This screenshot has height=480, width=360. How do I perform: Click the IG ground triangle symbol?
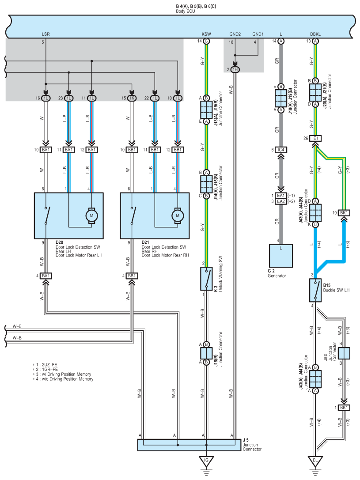pyautogui.click(x=206, y=461)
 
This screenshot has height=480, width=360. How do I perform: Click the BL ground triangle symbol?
pyautogui.click(x=315, y=461)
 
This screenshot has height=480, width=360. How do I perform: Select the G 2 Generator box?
pyautogui.click(x=281, y=256)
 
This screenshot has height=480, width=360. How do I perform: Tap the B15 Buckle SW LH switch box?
pyautogui.click(x=315, y=290)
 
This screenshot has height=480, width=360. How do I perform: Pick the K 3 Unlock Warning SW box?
pyautogui.click(x=206, y=279)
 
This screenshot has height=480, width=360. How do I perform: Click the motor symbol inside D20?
pyautogui.click(x=91, y=216)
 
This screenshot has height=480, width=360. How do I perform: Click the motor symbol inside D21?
pyautogui.click(x=178, y=216)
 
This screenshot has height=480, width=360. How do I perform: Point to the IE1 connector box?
pyautogui.click(x=315, y=138)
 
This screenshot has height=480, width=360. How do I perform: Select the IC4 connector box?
pyautogui.click(x=281, y=150)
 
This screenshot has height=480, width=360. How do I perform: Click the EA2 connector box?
pyautogui.click(x=281, y=201)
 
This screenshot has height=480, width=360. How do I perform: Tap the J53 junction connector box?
pyautogui.click(x=344, y=353)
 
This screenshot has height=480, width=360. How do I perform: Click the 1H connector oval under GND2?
pyautogui.click(x=235, y=70)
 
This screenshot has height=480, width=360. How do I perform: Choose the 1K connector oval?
pyautogui.click(x=132, y=98)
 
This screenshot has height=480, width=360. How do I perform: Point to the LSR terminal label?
pyautogui.click(x=45, y=34)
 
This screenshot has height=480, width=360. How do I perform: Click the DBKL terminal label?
pyautogui.click(x=315, y=34)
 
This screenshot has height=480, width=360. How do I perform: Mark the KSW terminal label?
pyautogui.click(x=206, y=34)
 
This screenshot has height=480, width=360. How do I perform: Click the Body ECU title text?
pyautogui.click(x=185, y=11)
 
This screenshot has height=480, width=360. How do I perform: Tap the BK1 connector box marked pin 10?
pyautogui.click(x=344, y=213)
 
